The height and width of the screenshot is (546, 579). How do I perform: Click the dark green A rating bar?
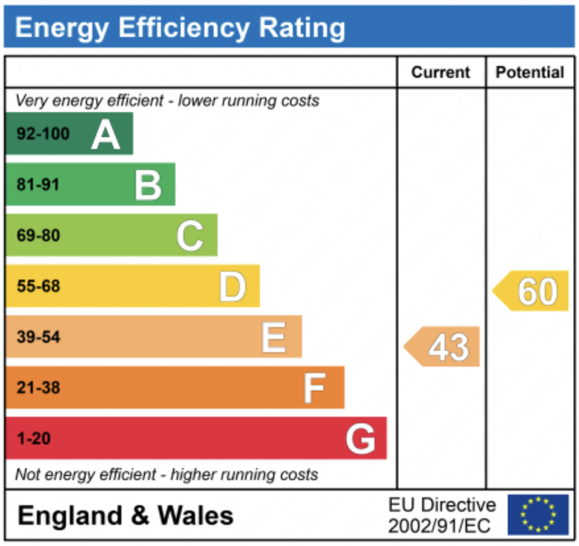point(69,134)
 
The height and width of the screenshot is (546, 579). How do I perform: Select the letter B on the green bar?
point(148,185)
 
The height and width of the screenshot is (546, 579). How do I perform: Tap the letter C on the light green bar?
point(190,235)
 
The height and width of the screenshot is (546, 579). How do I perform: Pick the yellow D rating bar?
point(132,286)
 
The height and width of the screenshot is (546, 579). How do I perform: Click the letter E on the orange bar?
point(274,337)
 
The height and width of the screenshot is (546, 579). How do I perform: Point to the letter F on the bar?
point(314,388)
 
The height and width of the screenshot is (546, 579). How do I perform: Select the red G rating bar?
point(195,439)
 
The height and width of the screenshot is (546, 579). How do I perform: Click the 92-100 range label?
point(43,134)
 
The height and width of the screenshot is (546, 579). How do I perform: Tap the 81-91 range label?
point(38,185)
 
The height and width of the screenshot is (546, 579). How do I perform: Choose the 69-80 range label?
point(38,235)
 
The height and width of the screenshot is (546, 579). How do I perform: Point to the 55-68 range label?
point(38,286)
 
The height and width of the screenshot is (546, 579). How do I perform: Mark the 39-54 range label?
point(38,337)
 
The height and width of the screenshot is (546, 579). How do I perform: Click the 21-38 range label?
point(38,388)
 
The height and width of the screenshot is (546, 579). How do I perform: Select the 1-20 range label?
point(34,439)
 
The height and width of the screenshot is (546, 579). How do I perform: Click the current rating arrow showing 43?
point(443,347)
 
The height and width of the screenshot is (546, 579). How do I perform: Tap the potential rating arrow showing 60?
point(532,291)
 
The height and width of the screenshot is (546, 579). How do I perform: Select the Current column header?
point(441,73)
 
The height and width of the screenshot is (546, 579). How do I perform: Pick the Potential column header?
point(530,73)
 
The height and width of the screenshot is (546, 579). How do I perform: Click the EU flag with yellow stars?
point(538,514)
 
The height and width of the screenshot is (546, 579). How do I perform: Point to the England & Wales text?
point(125,515)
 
